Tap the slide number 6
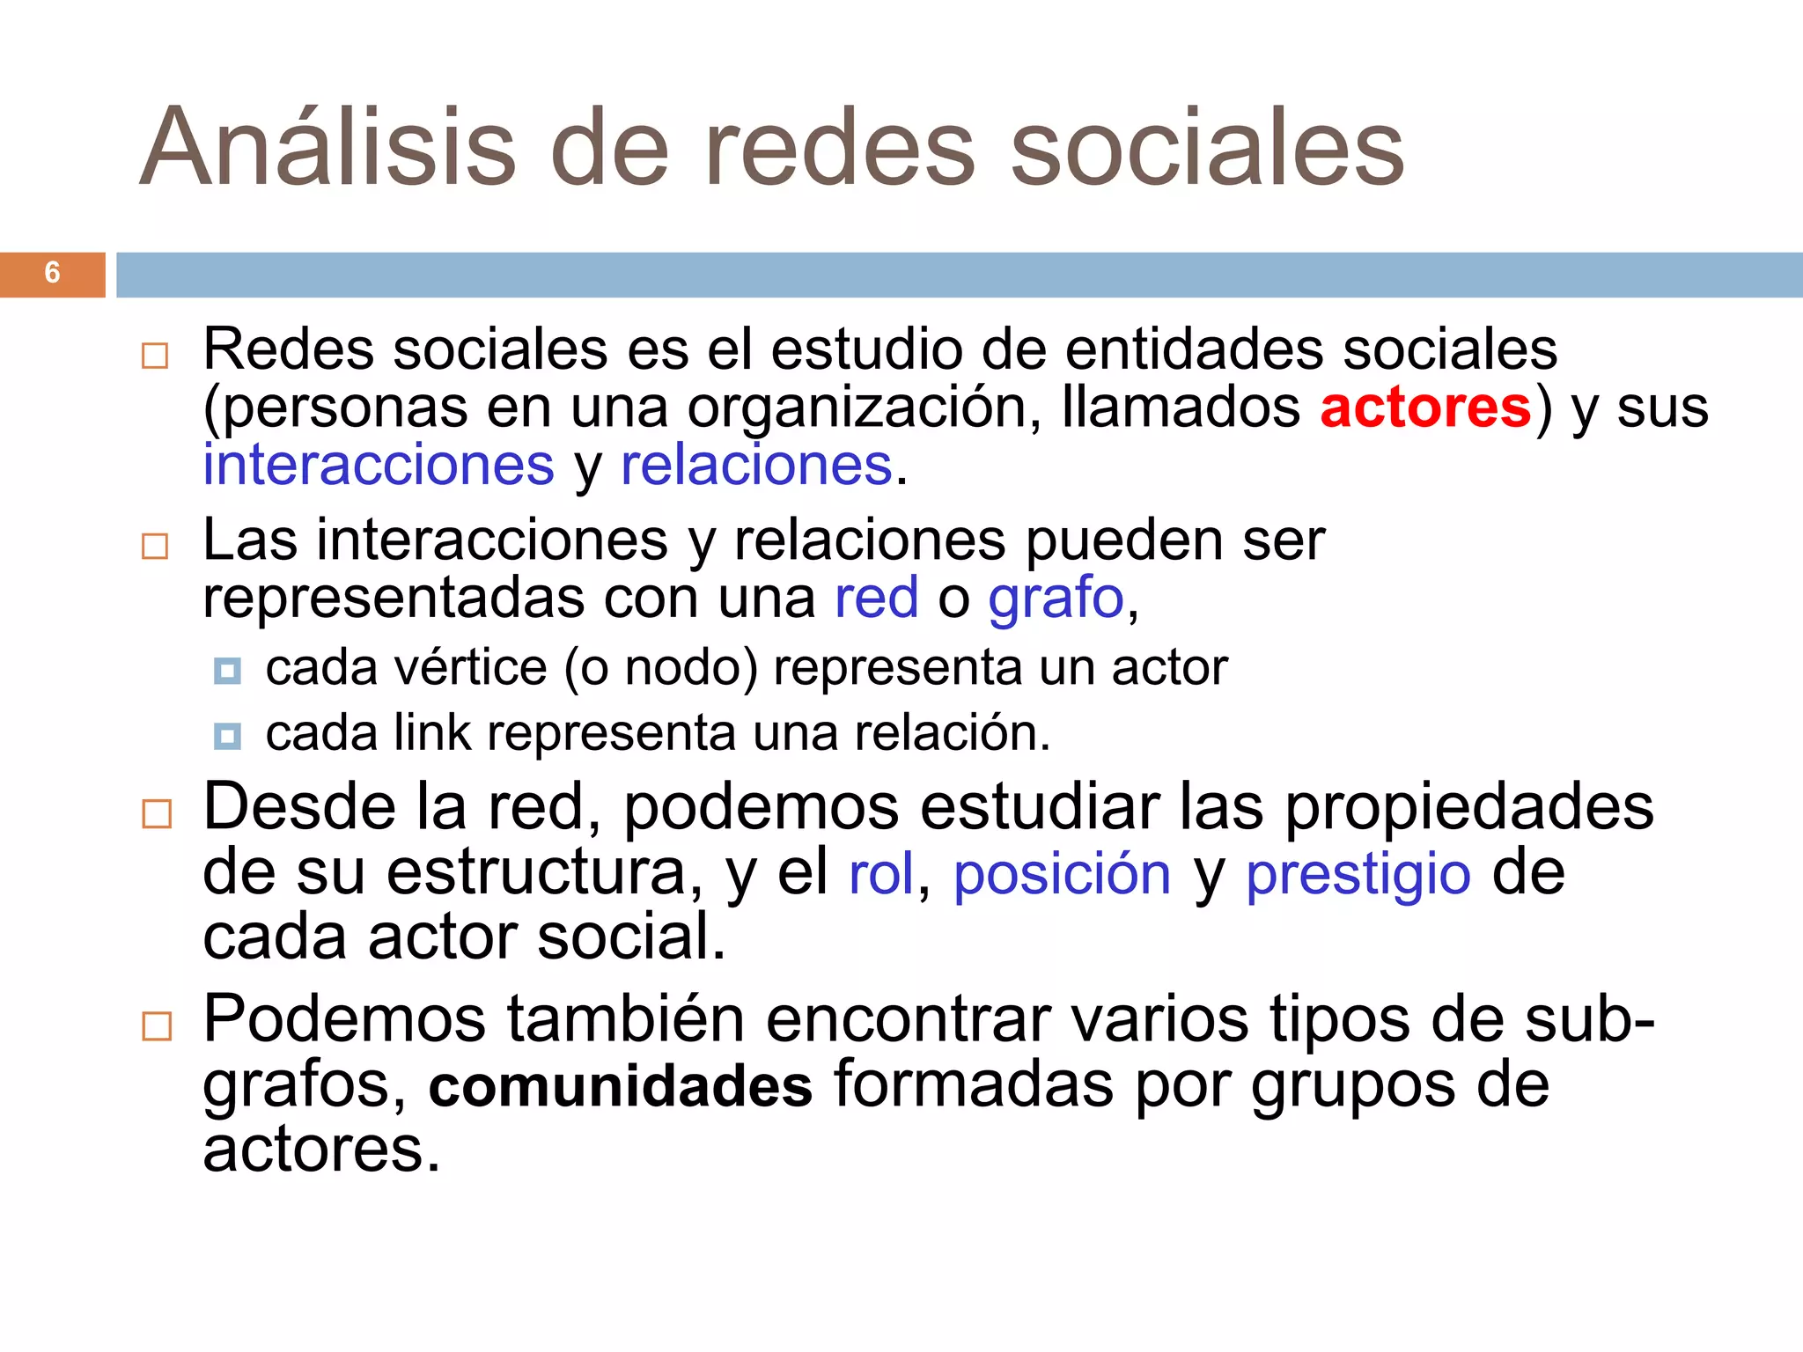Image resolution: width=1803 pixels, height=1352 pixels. [52, 273]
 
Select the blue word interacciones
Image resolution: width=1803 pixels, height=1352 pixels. [379, 465]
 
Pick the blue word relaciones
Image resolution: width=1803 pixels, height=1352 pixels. [756, 465]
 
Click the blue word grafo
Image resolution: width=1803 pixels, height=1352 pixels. [1056, 599]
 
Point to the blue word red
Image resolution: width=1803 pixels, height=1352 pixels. [876, 599]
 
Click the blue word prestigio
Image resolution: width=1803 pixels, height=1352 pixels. [1358, 875]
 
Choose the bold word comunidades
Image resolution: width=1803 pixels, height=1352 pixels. [621, 1086]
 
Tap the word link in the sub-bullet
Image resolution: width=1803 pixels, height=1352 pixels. [431, 732]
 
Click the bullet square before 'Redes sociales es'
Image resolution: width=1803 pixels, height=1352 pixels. [155, 356]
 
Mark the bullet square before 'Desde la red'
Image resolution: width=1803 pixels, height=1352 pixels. [157, 813]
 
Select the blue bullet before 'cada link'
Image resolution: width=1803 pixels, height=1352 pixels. [227, 736]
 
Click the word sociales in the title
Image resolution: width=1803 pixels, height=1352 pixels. [1207, 148]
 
